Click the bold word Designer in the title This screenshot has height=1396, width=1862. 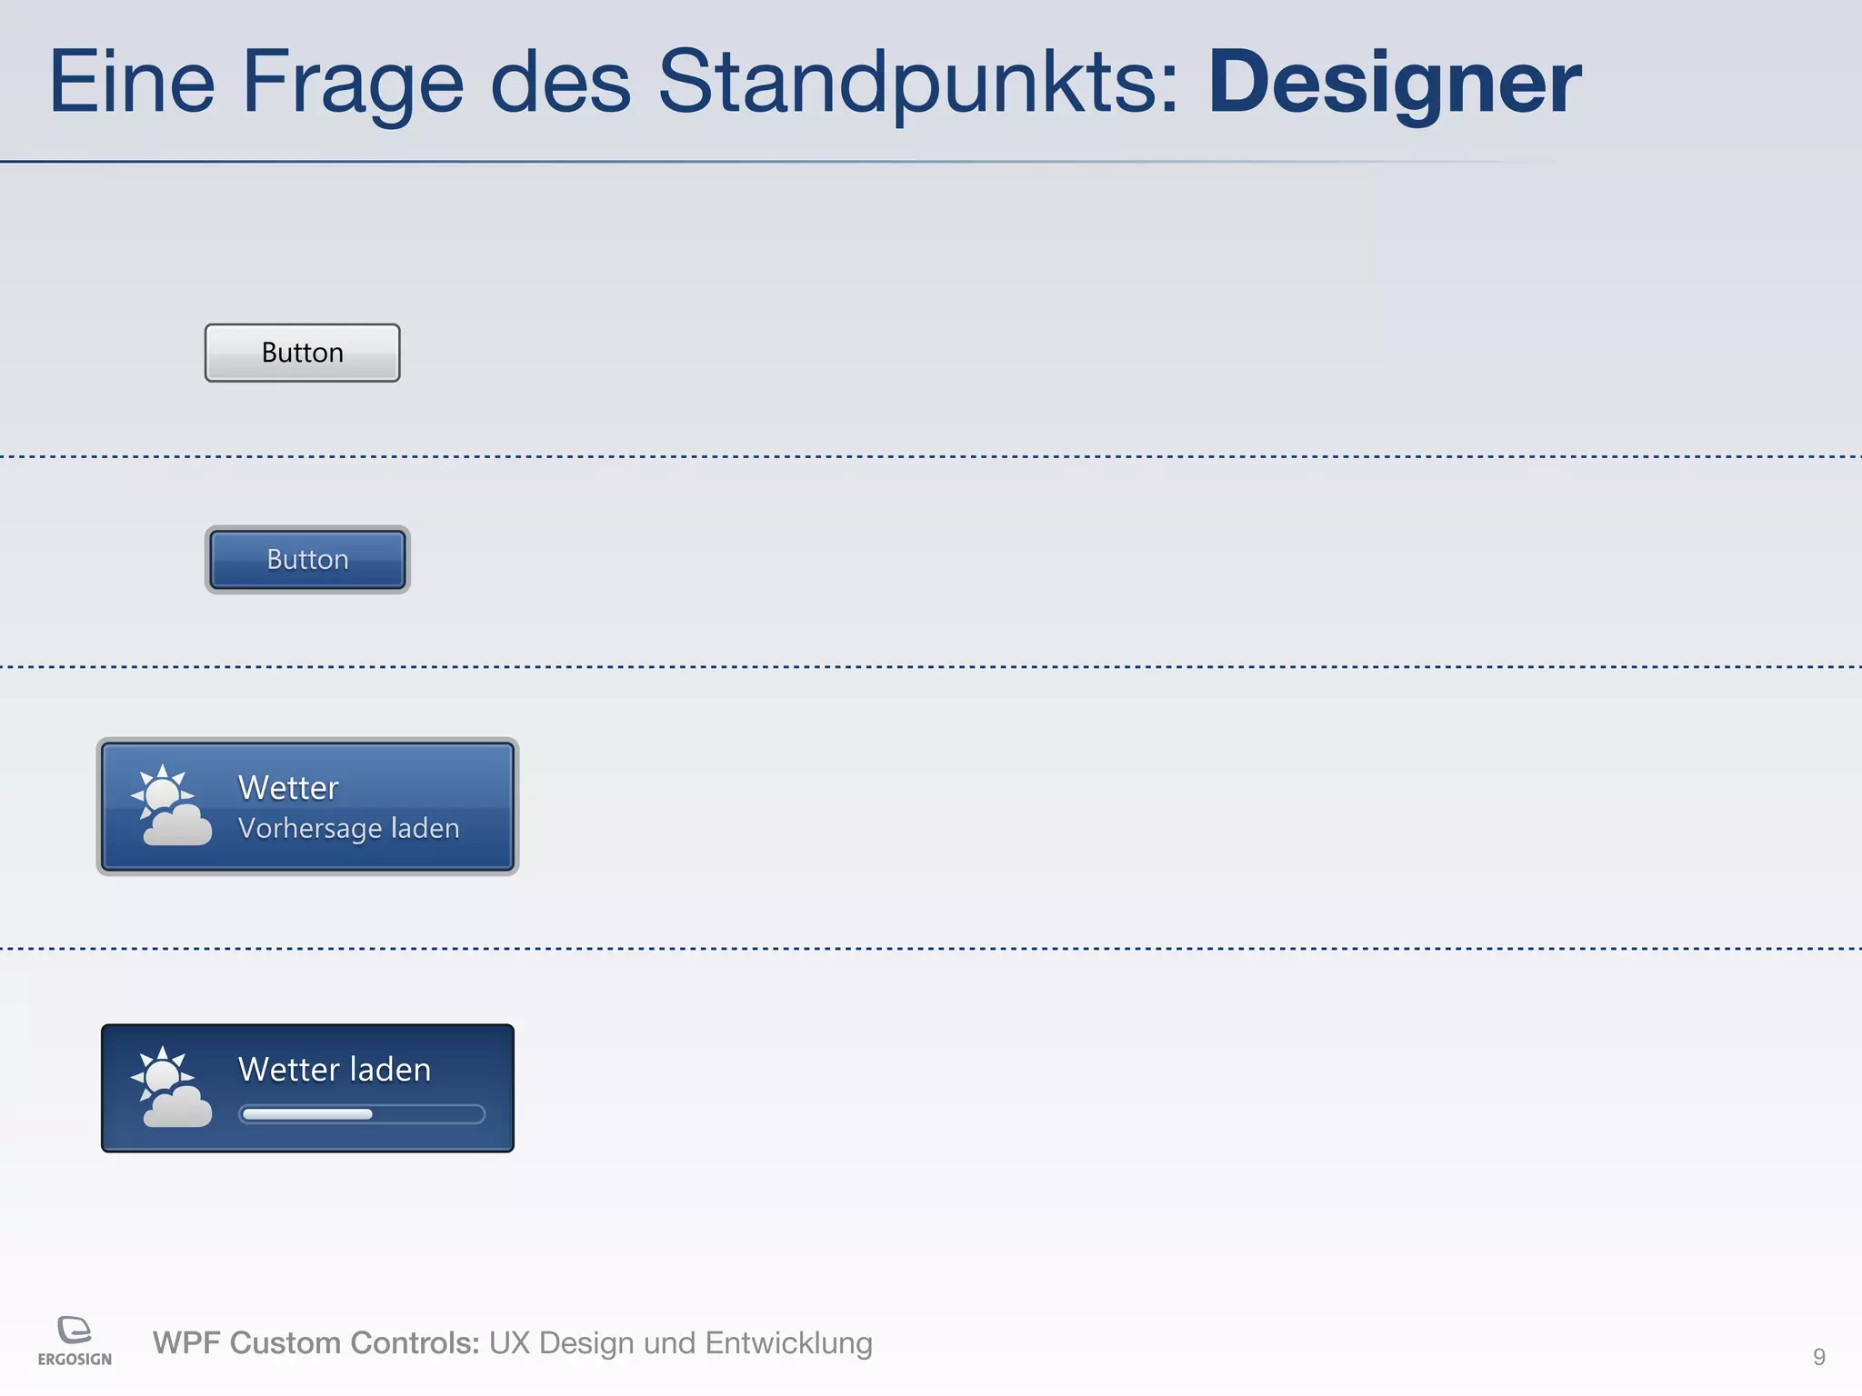click(x=1394, y=84)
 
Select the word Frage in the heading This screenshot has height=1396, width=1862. click(x=353, y=84)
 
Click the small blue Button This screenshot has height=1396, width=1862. click(x=307, y=560)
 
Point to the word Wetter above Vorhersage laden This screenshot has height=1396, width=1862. click(x=288, y=788)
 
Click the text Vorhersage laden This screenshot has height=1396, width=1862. click(x=348, y=829)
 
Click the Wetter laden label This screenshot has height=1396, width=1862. click(x=335, y=1070)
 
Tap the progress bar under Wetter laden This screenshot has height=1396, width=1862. click(x=361, y=1114)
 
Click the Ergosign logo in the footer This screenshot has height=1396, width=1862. click(x=75, y=1341)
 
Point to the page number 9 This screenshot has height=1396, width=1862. click(x=1818, y=1357)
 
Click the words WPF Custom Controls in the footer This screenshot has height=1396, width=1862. click(x=315, y=1343)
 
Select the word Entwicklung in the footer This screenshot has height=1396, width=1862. click(x=788, y=1343)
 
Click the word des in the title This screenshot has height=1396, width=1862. click(x=560, y=84)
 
